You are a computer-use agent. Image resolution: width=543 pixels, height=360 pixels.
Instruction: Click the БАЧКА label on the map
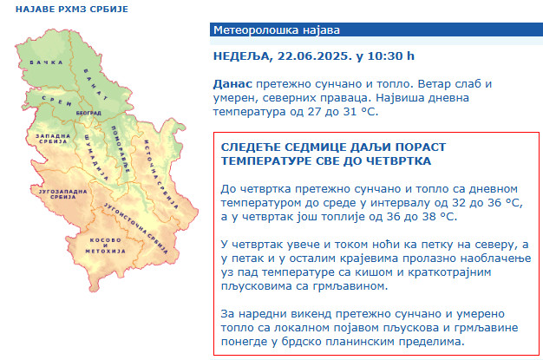click(46, 62)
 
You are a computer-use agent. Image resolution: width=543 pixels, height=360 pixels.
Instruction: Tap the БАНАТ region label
click(95, 84)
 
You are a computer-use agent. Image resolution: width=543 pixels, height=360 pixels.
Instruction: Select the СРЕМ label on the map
click(56, 101)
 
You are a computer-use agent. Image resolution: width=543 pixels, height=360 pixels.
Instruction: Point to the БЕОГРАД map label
click(88, 113)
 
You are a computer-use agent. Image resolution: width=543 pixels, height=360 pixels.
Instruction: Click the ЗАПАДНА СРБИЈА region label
click(53, 139)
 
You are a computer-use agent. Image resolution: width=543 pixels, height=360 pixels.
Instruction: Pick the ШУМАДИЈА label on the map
click(96, 158)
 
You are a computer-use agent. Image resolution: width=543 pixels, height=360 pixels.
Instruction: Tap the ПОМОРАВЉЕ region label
click(121, 149)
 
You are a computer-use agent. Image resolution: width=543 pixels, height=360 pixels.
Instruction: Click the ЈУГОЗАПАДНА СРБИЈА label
click(62, 194)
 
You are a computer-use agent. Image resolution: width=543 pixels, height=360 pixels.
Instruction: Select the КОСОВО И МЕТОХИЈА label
click(105, 245)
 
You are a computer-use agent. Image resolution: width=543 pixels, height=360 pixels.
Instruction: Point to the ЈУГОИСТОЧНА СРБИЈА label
click(136, 229)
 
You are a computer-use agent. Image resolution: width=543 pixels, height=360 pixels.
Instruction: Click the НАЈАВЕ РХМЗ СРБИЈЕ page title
click(72, 9)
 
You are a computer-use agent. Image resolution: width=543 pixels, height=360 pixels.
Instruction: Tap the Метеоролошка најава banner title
click(277, 30)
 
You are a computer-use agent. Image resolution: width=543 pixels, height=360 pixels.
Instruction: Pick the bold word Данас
click(232, 84)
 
